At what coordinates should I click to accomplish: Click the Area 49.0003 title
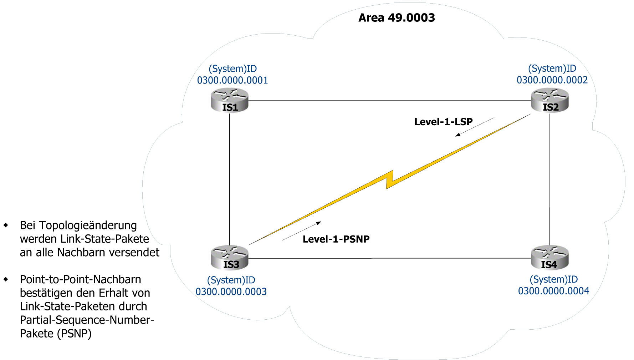[x=397, y=18]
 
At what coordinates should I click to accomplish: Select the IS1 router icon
[x=229, y=101]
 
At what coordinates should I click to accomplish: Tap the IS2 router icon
[x=549, y=100]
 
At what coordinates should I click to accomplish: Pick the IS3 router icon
[x=229, y=258]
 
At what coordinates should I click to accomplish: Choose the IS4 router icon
[x=549, y=258]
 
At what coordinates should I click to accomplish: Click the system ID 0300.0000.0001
[x=232, y=80]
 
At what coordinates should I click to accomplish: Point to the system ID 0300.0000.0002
[x=552, y=80]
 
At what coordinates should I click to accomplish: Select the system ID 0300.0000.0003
[x=231, y=291]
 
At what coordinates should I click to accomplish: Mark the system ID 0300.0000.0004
[x=553, y=291]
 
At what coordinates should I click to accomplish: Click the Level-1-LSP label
[x=443, y=122]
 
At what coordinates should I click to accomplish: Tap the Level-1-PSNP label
[x=336, y=239]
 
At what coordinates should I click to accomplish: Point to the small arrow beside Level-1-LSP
[x=474, y=127]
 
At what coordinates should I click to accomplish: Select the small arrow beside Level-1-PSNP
[x=302, y=231]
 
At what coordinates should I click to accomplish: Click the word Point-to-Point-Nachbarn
[x=80, y=279]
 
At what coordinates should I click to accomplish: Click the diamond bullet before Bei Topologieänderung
[x=6, y=225]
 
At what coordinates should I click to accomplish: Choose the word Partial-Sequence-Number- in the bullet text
[x=87, y=320]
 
